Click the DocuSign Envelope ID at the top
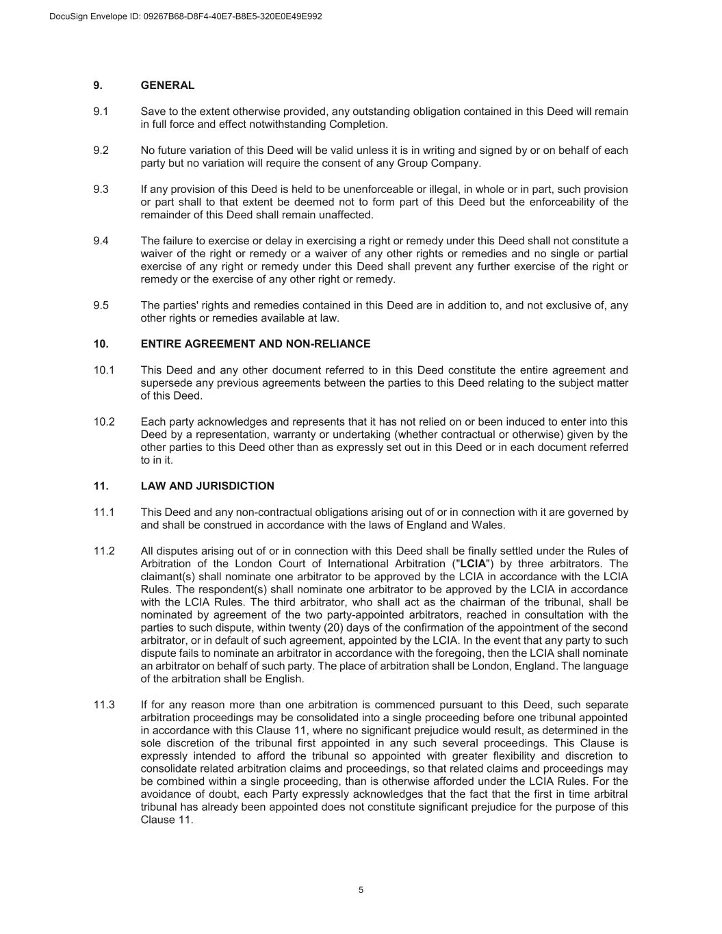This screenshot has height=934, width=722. (185, 16)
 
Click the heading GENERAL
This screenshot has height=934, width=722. (167, 86)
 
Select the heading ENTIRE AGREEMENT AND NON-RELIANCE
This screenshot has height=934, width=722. (255, 343)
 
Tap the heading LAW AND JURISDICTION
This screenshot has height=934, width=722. (207, 486)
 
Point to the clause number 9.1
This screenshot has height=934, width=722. (101, 112)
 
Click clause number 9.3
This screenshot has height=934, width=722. (101, 190)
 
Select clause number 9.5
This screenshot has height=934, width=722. (101, 306)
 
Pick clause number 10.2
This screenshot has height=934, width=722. (104, 422)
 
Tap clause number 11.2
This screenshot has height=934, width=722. (104, 552)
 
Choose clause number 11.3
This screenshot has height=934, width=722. (104, 705)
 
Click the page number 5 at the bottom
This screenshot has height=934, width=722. (361, 890)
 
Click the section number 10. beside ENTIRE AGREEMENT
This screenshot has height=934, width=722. (101, 343)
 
